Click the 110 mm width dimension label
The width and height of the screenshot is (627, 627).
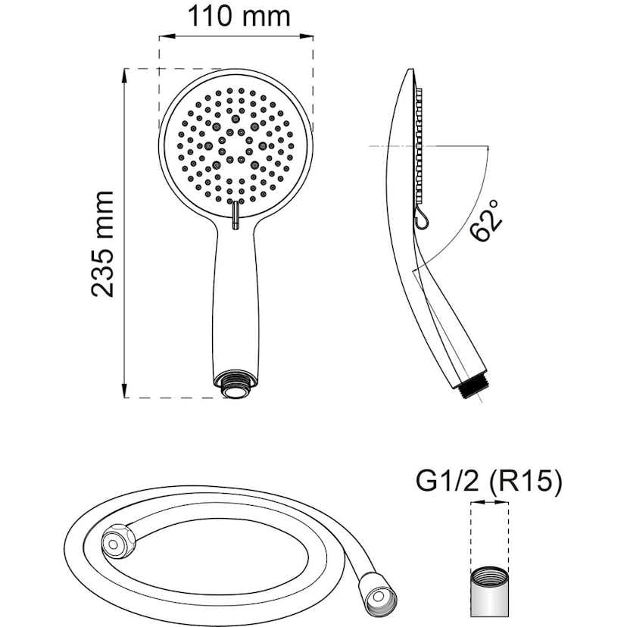tap(239, 17)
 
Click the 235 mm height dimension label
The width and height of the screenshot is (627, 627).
tap(103, 245)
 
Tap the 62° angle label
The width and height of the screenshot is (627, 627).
tap(485, 220)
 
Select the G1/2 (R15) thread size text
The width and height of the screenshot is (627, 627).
tap(488, 482)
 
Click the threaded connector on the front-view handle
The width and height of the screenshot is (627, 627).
tap(236, 384)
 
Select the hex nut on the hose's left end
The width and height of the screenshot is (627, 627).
tap(118, 541)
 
